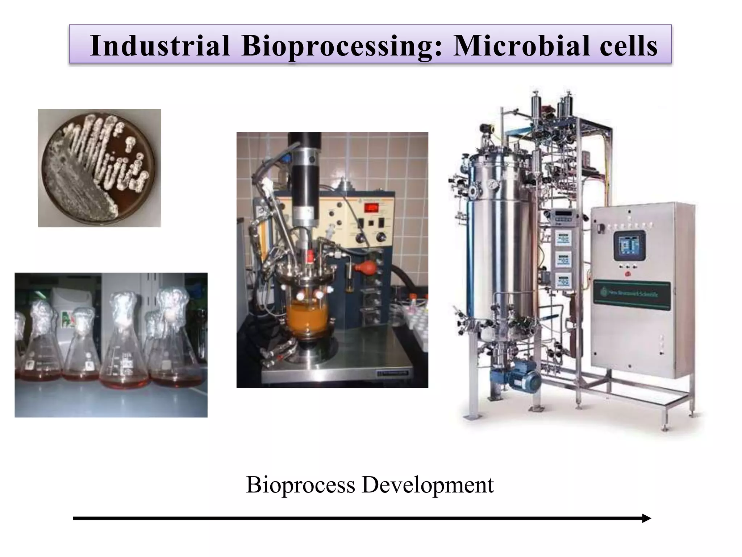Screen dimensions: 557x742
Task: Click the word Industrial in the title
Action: pos(160,46)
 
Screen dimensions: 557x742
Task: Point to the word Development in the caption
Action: pos(428,484)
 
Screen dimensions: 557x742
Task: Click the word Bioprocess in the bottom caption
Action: pos(300,484)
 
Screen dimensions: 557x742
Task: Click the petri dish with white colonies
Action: pos(99,168)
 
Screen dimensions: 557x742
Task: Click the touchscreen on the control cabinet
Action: pos(629,245)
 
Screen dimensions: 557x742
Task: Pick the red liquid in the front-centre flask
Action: pos(124,381)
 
